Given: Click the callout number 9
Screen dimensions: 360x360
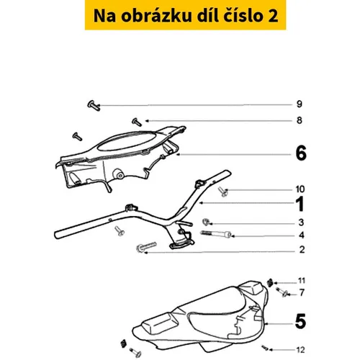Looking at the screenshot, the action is [x=299, y=104].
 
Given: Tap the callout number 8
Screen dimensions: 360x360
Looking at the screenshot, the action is [x=300, y=120].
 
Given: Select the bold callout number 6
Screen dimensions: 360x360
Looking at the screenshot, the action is [x=301, y=153].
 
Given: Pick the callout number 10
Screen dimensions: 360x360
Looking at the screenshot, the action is [x=300, y=189].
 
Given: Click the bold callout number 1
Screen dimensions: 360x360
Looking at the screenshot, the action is [x=300, y=204].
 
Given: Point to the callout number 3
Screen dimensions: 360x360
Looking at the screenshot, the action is [x=301, y=222].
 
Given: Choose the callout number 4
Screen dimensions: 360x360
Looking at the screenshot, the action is [x=302, y=235].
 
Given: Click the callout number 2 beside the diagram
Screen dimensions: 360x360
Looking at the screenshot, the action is [x=302, y=250].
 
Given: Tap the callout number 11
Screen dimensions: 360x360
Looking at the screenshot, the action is [x=302, y=281].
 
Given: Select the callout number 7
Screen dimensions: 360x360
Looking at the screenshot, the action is [x=302, y=292].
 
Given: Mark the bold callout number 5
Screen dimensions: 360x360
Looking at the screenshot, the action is [x=300, y=321].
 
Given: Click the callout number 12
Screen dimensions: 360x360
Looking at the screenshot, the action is [x=300, y=350].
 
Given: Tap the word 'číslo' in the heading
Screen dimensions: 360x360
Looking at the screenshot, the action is [x=243, y=16].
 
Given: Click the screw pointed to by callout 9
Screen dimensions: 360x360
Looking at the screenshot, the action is [x=94, y=106].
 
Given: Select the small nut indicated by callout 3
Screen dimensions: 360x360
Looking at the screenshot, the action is [x=205, y=222].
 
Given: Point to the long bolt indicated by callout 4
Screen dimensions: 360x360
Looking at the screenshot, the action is [x=216, y=233].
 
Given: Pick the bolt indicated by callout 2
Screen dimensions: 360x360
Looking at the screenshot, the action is [x=146, y=247].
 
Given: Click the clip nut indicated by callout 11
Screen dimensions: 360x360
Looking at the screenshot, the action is [x=270, y=282].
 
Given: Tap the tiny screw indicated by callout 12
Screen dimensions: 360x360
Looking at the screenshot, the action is [x=265, y=347].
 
